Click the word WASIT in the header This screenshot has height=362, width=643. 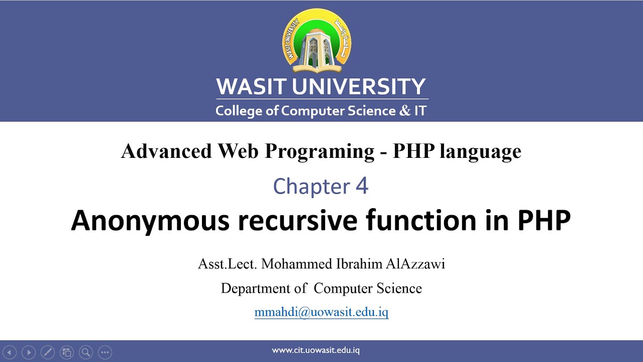tap(252, 86)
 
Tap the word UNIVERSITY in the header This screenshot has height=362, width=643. tap(359, 86)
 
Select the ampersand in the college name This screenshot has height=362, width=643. tap(404, 111)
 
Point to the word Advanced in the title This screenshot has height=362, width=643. tap(166, 151)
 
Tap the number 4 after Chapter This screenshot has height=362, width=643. tap(362, 186)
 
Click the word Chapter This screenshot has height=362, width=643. tap(311, 187)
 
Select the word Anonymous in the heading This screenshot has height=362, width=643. tap(150, 221)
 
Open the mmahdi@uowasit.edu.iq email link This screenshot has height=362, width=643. tap(321, 312)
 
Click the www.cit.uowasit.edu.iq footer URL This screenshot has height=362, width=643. tap(316, 350)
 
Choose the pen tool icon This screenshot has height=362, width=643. tap(47, 352)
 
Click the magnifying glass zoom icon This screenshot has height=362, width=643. tap(85, 352)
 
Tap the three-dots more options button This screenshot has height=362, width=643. tap(104, 352)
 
